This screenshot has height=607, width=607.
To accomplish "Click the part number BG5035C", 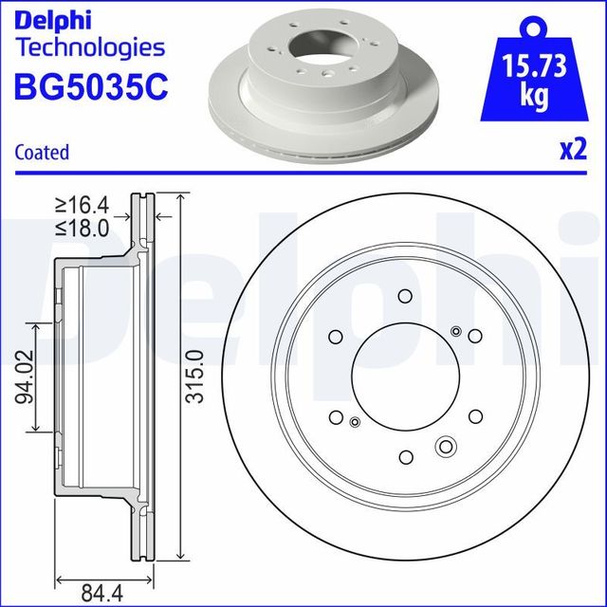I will [91, 86].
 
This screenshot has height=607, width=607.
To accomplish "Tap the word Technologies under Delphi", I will [91, 47].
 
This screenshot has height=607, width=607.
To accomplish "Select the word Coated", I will [43, 152].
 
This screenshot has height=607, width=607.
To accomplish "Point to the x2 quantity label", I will [572, 149].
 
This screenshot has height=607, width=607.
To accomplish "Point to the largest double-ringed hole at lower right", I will [445, 447].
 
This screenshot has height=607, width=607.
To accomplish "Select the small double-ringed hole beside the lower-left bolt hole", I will [355, 422].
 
